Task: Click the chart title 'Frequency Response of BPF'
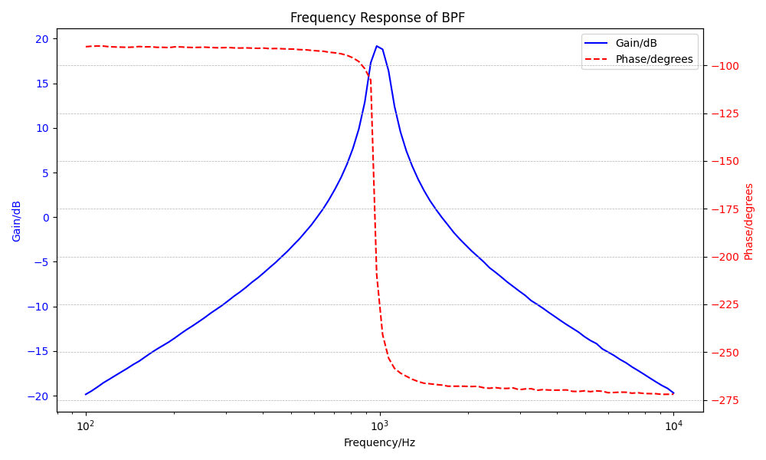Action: [377, 18]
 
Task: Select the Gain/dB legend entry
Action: [636, 43]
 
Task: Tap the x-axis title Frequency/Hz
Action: [379, 442]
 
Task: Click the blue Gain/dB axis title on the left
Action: [17, 221]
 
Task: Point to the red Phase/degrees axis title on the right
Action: [749, 221]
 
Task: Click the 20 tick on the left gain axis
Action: [41, 39]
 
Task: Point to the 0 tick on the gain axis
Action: [45, 218]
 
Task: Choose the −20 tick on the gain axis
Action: [39, 396]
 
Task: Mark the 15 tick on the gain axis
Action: [41, 84]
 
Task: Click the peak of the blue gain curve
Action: [377, 46]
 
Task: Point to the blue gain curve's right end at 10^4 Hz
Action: [673, 393]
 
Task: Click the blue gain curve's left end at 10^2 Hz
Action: [86, 394]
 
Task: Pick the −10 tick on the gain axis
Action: [39, 307]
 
